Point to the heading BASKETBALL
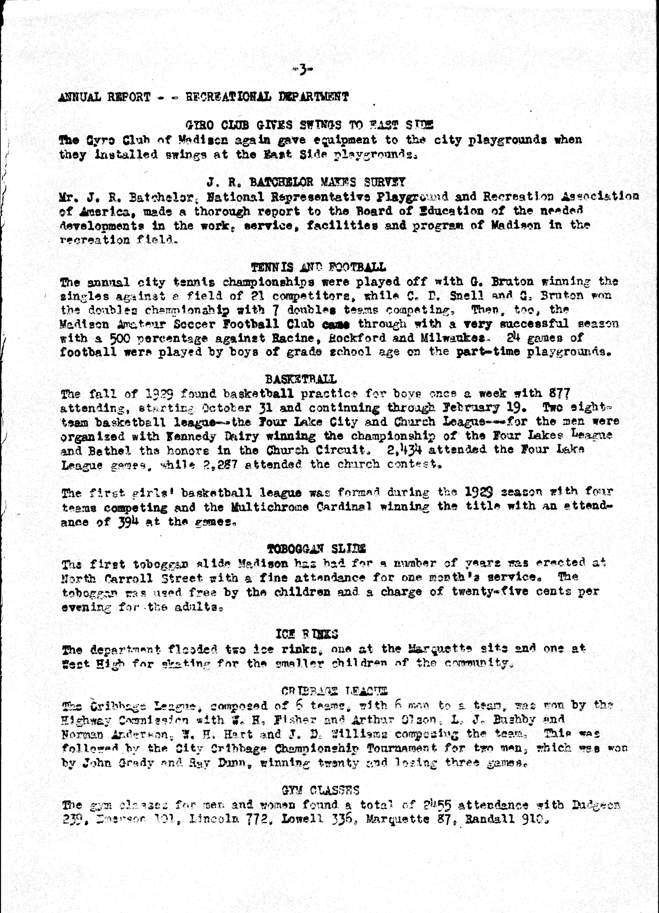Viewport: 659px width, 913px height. point(301,379)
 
